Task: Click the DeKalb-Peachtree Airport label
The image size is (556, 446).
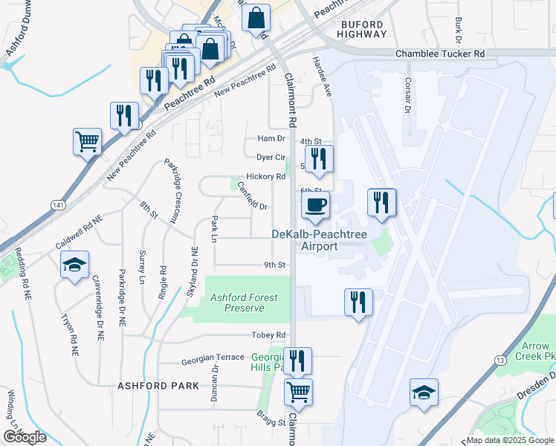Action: pyautogui.click(x=320, y=240)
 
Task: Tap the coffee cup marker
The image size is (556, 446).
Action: pyautogui.click(x=316, y=205)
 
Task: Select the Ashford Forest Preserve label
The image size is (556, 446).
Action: pyautogui.click(x=244, y=302)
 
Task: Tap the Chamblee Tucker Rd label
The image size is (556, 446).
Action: pyautogui.click(x=440, y=54)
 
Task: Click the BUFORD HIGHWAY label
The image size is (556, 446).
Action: pyautogui.click(x=363, y=29)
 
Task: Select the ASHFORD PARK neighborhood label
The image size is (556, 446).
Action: pyautogui.click(x=158, y=386)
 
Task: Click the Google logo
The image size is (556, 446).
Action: pyautogui.click(x=25, y=436)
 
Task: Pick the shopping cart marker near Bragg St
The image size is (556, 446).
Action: pyautogui.click(x=298, y=391)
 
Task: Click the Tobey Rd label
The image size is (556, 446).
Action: pyautogui.click(x=269, y=335)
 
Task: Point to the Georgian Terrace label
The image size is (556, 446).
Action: pyautogui.click(x=213, y=358)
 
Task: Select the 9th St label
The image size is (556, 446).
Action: pyautogui.click(x=274, y=265)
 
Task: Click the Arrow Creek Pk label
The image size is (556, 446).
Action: pyautogui.click(x=536, y=351)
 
